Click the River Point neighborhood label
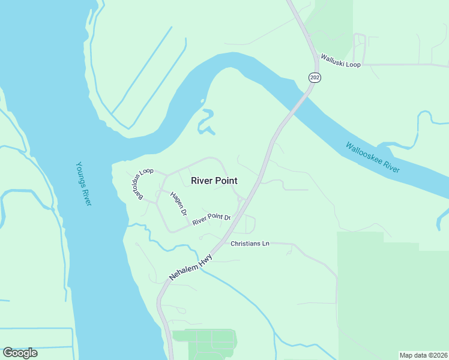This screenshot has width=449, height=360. click(214, 180)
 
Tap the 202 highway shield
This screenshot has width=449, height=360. click(315, 77)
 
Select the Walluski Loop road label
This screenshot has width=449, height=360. click(340, 60)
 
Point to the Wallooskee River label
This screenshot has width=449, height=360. click(373, 157)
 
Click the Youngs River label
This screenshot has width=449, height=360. click(83, 184)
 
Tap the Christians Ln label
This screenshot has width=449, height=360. click(250, 243)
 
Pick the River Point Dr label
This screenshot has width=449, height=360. click(211, 218)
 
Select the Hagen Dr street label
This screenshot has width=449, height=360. click(178, 205)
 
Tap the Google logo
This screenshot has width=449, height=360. click(20, 353)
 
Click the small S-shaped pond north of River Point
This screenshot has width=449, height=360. click(206, 122)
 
